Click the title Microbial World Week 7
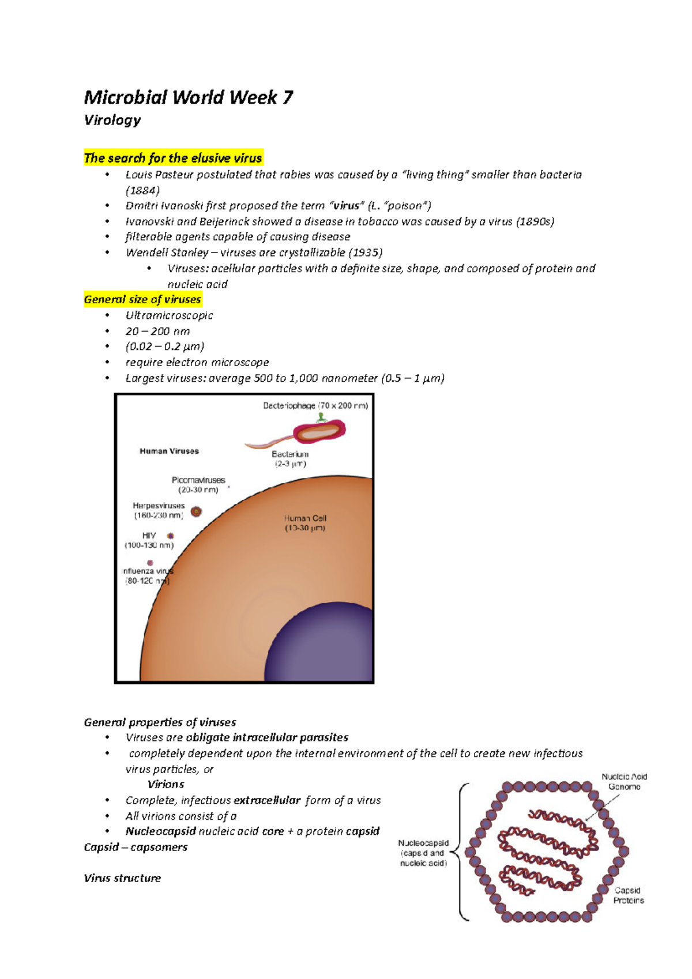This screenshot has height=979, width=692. [x=188, y=97]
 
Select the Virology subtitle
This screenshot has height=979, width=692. [x=112, y=120]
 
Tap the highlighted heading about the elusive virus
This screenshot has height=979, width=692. [x=173, y=158]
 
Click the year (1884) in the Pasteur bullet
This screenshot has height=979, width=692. [x=142, y=190]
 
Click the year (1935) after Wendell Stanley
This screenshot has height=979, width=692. [x=366, y=253]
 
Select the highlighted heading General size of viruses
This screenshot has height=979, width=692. [x=142, y=299]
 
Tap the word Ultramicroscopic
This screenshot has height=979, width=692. [x=169, y=315]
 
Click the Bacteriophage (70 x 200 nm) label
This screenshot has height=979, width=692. [x=315, y=405]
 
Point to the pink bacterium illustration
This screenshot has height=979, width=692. [x=319, y=431]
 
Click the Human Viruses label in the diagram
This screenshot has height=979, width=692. [x=169, y=451]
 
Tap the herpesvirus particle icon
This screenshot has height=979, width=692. [x=196, y=511]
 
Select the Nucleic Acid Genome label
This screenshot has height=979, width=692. [x=624, y=781]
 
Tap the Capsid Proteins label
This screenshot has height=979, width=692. [x=628, y=895]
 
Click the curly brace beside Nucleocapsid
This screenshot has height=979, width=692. [x=461, y=852]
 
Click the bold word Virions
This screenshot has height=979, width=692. [x=166, y=784]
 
